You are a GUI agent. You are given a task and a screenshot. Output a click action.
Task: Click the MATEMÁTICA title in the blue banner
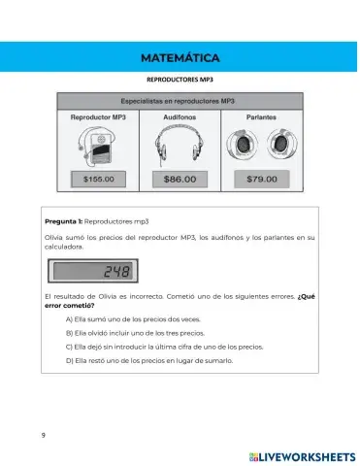pos(180,58)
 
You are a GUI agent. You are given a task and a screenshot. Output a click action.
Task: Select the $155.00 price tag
pos(99,179)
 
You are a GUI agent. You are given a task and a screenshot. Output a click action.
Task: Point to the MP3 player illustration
pos(97,146)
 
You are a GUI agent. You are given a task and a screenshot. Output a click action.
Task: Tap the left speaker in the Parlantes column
pos(240,145)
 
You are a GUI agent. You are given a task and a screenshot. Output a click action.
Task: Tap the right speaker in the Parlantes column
pos(279,145)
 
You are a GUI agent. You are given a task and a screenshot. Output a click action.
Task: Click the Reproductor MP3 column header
pos(99,116)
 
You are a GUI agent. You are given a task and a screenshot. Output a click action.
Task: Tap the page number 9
pos(43,434)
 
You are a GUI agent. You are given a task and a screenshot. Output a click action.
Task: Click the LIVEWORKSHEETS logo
pos(296,453)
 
